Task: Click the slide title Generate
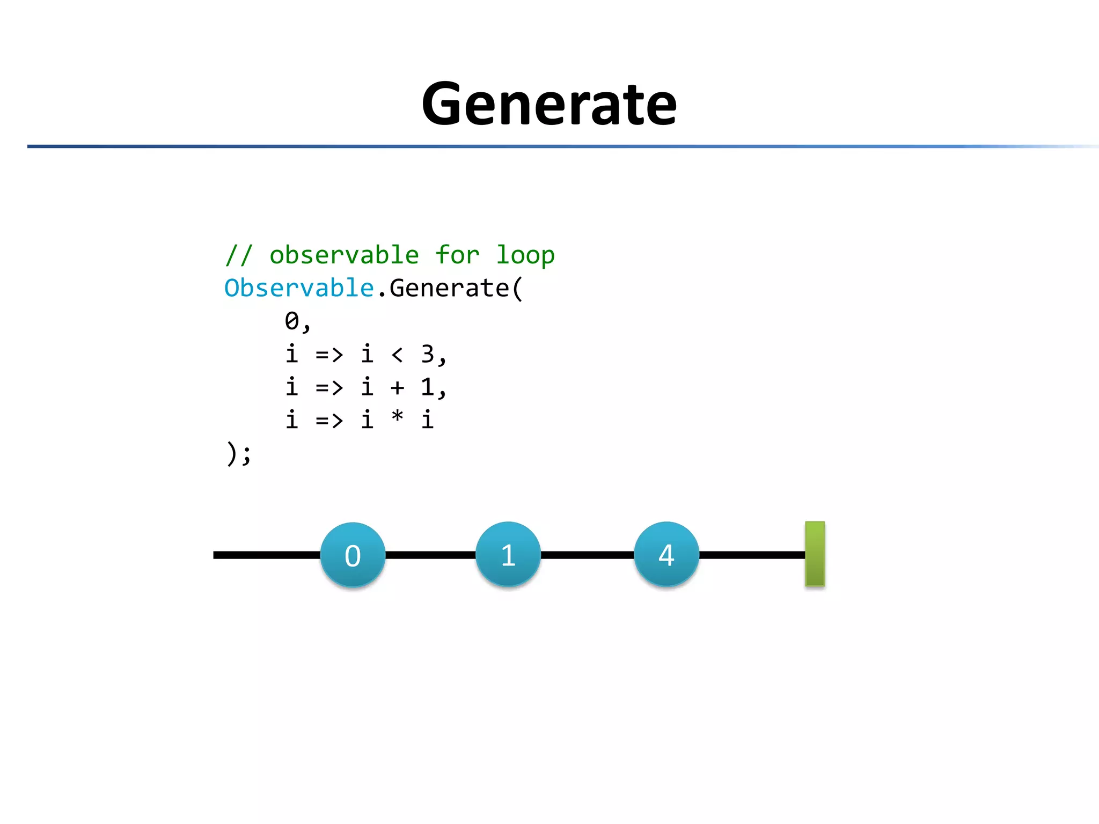[x=549, y=104]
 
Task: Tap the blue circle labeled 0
[x=353, y=555]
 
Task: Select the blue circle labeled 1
[x=508, y=554]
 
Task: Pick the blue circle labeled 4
[x=666, y=554]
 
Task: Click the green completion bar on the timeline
[x=815, y=554]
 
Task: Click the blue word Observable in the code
[x=298, y=288]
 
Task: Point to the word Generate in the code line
[x=449, y=288]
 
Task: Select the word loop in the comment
[x=525, y=255]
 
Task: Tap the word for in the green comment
[x=457, y=255]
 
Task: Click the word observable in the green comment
[x=344, y=255]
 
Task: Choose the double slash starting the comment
[x=238, y=255]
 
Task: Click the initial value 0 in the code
[x=292, y=321]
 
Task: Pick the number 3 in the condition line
[x=427, y=354]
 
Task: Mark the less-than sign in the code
[x=397, y=355]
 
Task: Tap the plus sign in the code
[x=397, y=387]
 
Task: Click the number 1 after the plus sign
[x=427, y=387]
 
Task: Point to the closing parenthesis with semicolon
[x=238, y=453]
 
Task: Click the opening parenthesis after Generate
[x=517, y=289]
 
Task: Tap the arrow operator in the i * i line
[x=329, y=420]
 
